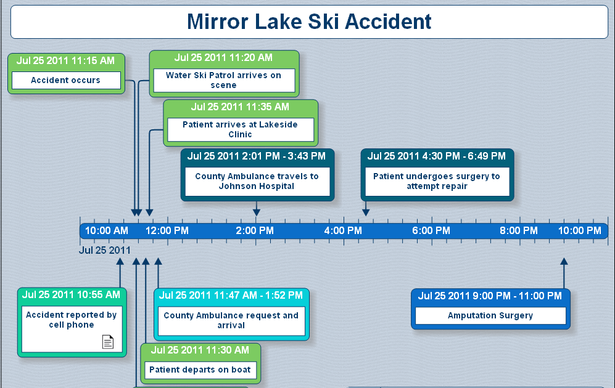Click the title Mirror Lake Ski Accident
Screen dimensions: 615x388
click(x=309, y=22)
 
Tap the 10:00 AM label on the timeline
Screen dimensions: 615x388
click(x=107, y=231)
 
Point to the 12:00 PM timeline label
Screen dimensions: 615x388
click(x=167, y=231)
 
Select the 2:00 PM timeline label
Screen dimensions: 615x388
click(x=255, y=231)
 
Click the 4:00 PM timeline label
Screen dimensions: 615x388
click(x=343, y=231)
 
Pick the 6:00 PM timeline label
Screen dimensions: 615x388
click(x=431, y=231)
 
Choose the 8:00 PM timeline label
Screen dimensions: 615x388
click(x=519, y=231)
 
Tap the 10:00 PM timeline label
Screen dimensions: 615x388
click(x=580, y=231)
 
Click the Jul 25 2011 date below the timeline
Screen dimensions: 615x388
click(x=105, y=250)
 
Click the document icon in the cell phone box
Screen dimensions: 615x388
click(x=108, y=342)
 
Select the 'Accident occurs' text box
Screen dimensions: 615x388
click(x=65, y=80)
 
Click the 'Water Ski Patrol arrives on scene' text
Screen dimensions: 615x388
click(x=223, y=80)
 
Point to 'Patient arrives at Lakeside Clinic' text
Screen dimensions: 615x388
click(x=240, y=129)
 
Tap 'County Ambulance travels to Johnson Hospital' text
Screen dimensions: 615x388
click(x=257, y=181)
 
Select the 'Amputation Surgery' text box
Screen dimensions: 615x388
click(x=490, y=315)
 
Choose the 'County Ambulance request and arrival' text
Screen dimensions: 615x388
click(x=231, y=320)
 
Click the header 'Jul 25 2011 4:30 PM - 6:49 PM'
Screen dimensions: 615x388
click(x=437, y=156)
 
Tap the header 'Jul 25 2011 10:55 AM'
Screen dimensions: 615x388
click(x=71, y=295)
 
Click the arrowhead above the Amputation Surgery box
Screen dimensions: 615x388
click(x=563, y=262)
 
